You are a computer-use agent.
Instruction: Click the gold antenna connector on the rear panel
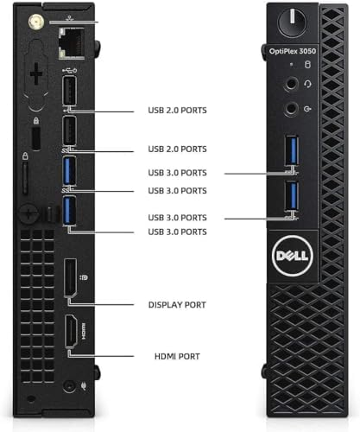pos(36,22)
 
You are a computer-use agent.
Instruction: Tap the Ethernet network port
pos(72,43)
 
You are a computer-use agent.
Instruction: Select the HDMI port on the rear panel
pos(71,332)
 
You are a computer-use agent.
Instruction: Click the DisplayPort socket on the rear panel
pos(70,277)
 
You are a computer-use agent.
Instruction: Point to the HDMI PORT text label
pos(177,356)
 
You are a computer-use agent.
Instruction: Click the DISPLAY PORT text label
pos(177,305)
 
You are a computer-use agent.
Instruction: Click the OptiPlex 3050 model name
pos(293,51)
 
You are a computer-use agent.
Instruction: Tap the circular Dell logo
pos(293,256)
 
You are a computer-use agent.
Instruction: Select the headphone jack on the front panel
pos(291,84)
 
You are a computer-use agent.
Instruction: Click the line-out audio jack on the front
pos(291,109)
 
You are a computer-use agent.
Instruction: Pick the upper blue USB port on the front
pos(292,150)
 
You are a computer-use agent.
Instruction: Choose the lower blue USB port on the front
pos(292,195)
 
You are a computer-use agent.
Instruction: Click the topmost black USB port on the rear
pos(69,91)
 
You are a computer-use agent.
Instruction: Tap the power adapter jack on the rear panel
pos(69,386)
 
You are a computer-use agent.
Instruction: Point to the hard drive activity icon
pos(307,65)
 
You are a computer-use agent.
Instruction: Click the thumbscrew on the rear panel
pos(28,213)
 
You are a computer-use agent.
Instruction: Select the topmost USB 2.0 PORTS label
pos(177,111)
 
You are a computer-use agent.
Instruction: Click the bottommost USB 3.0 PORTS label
pos(177,232)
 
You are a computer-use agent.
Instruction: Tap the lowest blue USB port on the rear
pos(69,210)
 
